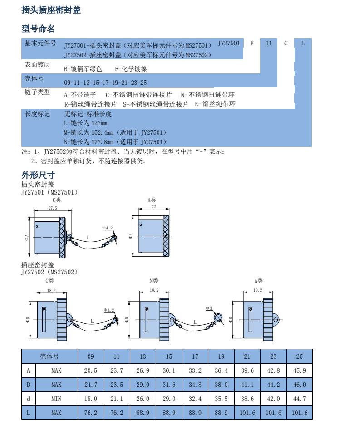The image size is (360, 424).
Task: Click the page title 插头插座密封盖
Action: [51, 10]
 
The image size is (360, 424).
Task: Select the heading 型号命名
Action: [38, 29]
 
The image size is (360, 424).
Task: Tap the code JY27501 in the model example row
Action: [228, 43]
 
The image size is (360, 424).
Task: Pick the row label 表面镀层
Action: [37, 65]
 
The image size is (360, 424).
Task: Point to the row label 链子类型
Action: [37, 92]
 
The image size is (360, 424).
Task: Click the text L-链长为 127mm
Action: [86, 123]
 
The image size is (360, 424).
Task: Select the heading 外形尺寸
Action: [38, 175]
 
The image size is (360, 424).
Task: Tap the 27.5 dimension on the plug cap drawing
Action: [53, 208]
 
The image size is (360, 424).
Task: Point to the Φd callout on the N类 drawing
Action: [208, 308]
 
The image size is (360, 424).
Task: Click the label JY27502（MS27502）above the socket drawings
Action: [49, 272]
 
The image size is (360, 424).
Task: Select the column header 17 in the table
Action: [195, 356]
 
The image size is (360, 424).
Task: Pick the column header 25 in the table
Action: [300, 356]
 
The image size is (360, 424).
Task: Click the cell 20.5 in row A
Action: [91, 370]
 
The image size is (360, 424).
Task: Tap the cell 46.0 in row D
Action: [300, 385]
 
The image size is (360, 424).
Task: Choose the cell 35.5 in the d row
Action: [221, 399]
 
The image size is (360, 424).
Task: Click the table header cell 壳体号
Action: [49, 356]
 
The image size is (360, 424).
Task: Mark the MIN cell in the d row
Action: [56, 399]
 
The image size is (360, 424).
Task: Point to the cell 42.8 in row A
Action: [273, 370]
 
